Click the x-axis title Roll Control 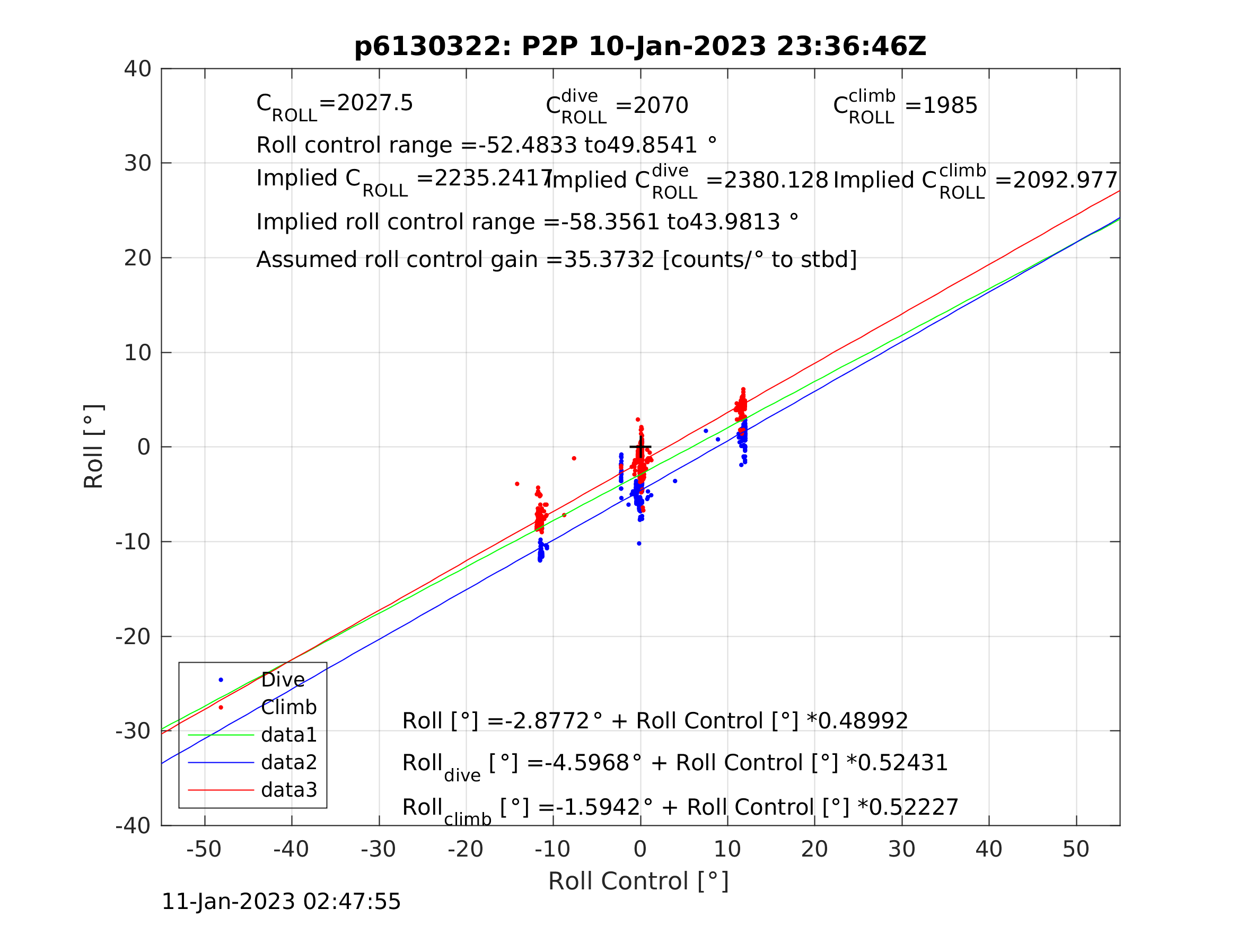coord(638,881)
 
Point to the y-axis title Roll coord(94,447)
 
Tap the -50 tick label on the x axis coord(204,850)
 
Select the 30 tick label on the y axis coord(137,164)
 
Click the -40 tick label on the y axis coord(133,826)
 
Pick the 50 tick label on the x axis coord(1075,850)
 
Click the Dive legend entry coord(283,680)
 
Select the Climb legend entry coord(288,707)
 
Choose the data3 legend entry coord(288,790)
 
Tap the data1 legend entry coord(288,735)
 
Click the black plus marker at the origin coord(641,447)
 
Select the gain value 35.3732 coord(609,260)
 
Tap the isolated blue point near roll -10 coord(639,543)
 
